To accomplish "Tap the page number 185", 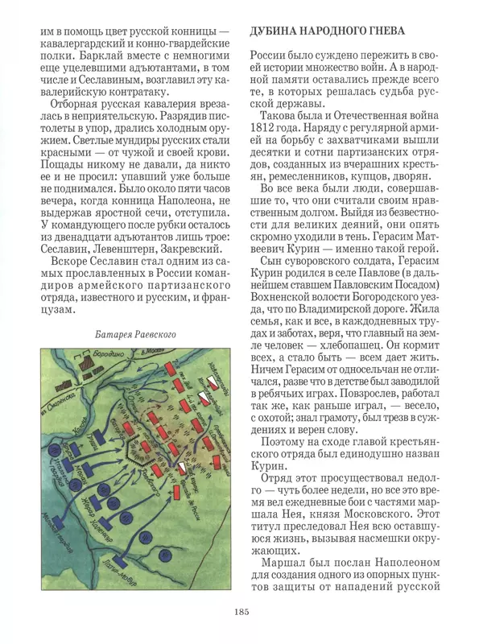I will point(242,613).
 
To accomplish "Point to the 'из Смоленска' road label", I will point(59,398).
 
